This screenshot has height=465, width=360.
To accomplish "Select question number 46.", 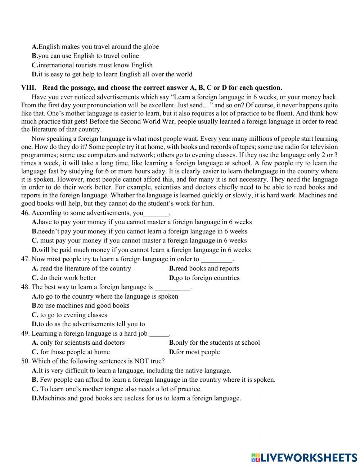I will coord(25,213).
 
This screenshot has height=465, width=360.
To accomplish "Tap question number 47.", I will coord(25,259).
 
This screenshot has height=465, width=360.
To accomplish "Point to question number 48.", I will coord(25,287).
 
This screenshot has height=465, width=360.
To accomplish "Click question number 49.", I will coord(25,334).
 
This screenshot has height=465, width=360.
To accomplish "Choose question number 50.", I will coord(25,361).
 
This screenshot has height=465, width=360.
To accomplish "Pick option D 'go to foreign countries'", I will coord(204,278).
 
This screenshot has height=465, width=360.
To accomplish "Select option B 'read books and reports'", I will coord(204,268).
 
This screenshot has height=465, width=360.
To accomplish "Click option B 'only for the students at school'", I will coord(214,343).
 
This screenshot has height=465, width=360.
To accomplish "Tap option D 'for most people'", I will coord(194,352).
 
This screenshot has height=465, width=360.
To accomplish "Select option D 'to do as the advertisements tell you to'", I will coord(88,324).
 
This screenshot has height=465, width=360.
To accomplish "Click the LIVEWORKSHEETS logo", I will coord(304,457).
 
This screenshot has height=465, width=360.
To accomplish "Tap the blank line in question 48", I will coord(172,288).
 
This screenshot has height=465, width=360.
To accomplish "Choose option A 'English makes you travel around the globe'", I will coord(95,47).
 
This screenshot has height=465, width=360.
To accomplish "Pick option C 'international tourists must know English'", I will coord(92,65).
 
